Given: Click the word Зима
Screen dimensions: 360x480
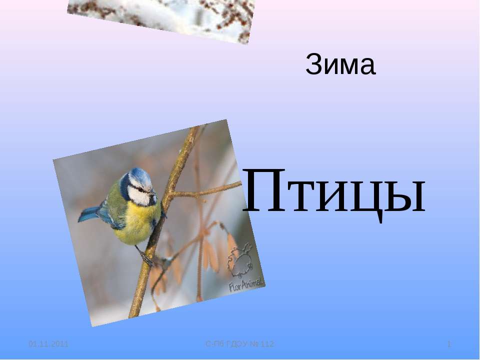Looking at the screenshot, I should [x=340, y=66].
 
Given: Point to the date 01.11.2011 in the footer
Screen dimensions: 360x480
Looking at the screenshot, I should [x=48, y=344].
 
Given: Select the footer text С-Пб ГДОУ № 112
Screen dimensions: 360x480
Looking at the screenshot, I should [x=240, y=344].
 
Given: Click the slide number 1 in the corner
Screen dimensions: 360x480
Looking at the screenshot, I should [x=449, y=344].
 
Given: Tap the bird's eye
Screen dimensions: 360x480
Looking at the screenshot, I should [x=141, y=189].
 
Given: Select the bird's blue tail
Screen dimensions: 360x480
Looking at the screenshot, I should [x=90, y=213].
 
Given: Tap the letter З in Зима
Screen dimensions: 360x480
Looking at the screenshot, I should [x=313, y=66].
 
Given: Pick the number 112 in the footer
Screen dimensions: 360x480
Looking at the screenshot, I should [x=266, y=344].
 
